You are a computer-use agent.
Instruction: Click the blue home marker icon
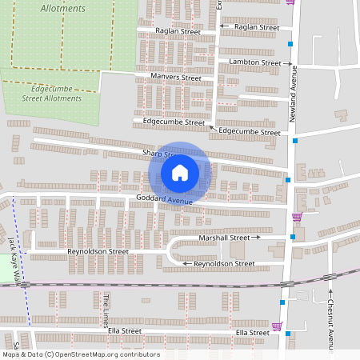point(180,173)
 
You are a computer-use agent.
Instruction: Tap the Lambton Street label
point(254,62)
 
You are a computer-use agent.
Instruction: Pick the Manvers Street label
point(175,78)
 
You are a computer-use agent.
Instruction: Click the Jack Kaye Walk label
point(11,256)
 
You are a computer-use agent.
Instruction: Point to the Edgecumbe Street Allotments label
point(52,94)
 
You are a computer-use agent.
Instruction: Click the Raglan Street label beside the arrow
point(256,27)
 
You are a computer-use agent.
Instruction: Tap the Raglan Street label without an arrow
point(178,32)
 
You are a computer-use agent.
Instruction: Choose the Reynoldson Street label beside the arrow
point(224,263)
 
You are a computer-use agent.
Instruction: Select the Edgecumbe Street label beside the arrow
point(249,131)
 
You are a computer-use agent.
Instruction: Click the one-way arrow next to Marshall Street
point(257,238)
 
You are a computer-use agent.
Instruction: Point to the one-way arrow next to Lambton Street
point(286,62)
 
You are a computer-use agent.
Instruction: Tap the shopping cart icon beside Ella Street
point(277,326)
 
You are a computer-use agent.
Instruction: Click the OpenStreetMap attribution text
point(81,354)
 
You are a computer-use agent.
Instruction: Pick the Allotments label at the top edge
point(62,9)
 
